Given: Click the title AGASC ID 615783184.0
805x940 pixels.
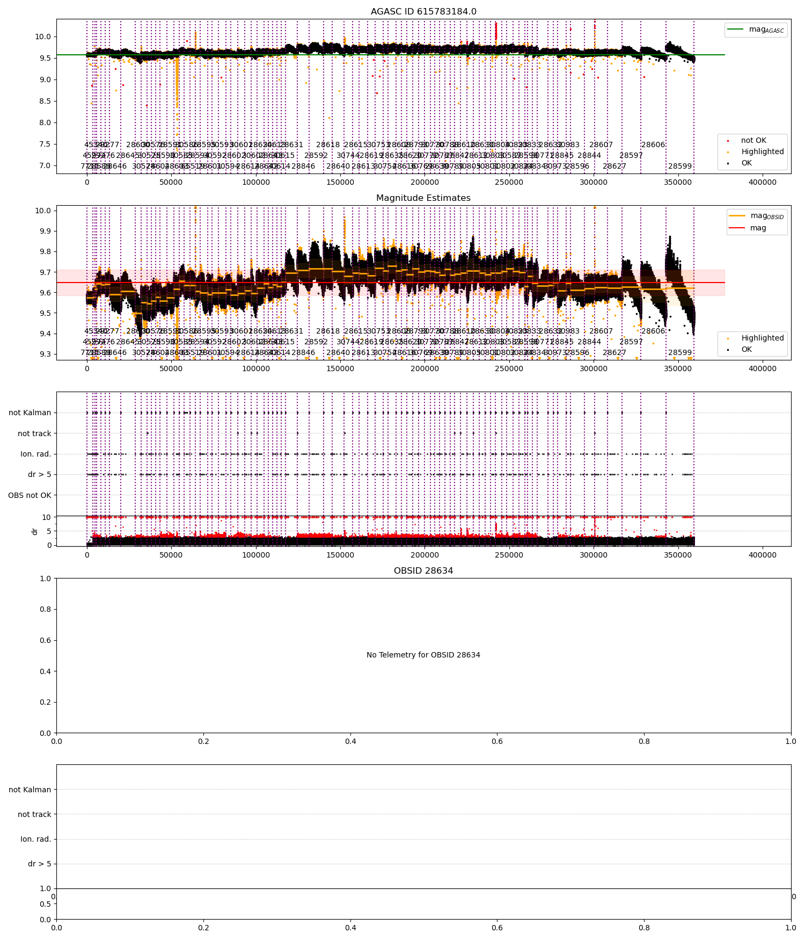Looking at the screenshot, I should click(423, 12).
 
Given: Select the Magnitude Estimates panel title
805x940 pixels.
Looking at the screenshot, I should click(423, 198).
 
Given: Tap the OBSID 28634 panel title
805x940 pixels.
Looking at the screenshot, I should click(423, 571).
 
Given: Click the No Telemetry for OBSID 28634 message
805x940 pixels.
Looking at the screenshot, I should click(423, 655).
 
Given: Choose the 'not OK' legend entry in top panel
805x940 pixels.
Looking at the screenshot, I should click(753, 141).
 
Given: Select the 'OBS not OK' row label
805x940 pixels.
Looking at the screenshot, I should click(30, 495).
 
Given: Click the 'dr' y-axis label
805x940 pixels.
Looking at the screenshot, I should click(35, 531).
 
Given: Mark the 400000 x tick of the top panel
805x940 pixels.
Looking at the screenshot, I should click(762, 182).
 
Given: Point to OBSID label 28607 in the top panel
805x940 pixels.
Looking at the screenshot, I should click(601, 145).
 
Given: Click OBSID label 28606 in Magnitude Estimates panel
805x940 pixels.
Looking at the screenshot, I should click(653, 331).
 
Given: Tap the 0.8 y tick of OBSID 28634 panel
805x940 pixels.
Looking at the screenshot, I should click(47, 609).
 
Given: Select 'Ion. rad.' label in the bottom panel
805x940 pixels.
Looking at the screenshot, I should click(35, 839).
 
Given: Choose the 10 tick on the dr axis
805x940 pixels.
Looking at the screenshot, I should click(47, 517).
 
